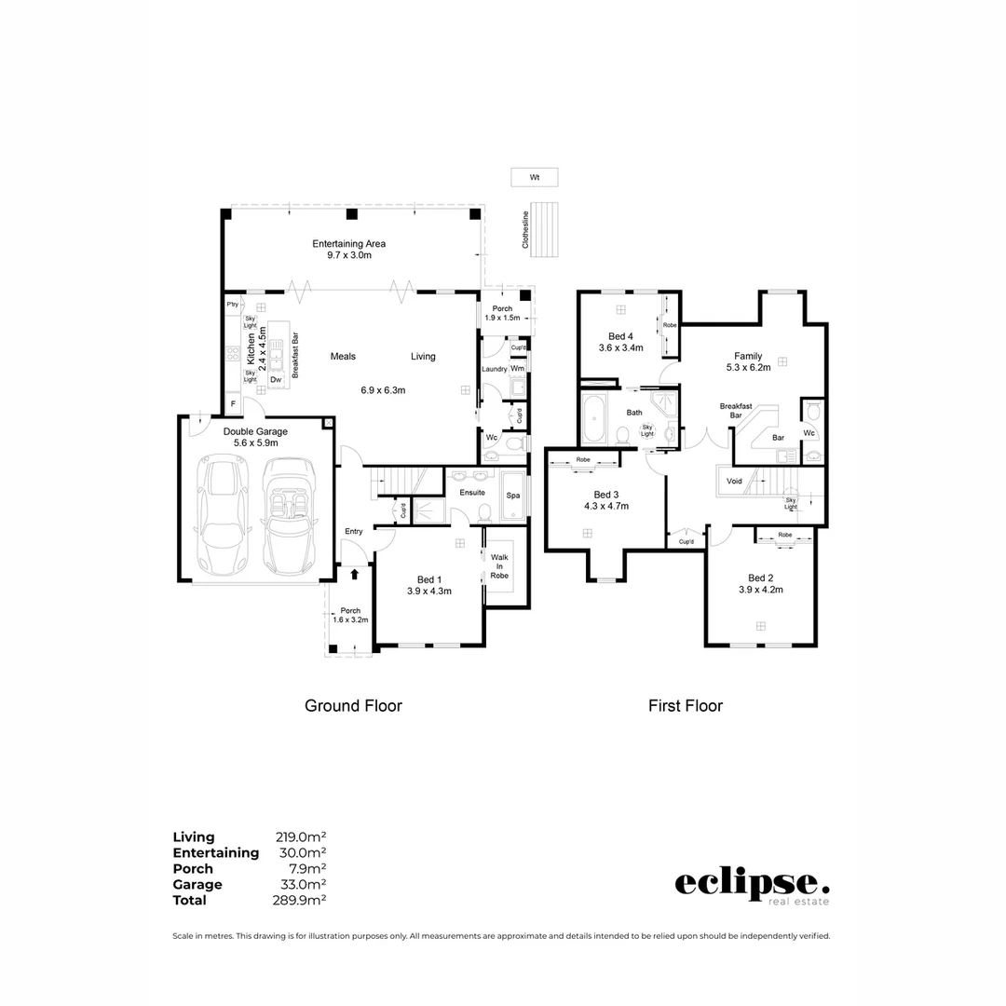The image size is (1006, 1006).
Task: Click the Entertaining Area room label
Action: pos(348,244)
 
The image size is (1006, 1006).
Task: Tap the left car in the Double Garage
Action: pos(222,517)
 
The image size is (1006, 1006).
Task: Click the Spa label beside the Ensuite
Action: pos(512,496)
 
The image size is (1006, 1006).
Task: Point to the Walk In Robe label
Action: pos(499,565)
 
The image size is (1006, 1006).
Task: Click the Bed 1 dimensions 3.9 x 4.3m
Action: pos(428,591)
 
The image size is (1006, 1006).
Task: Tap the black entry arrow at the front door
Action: pos(354,575)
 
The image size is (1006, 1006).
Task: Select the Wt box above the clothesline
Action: pos(534,176)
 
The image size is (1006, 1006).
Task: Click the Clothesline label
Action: pos(525,229)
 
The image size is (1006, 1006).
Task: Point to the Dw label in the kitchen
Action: pos(276,379)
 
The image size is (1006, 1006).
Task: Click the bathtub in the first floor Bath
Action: pos(593,418)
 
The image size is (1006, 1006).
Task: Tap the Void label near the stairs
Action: pos(734,482)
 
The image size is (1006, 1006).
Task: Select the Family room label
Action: pos(747,356)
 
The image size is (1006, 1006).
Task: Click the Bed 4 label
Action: pos(619,335)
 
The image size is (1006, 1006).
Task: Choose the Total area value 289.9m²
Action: pos(301,901)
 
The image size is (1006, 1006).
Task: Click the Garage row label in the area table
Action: pos(197,885)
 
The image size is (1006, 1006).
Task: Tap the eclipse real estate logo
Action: pos(751,885)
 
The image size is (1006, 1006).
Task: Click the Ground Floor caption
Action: pos(353,706)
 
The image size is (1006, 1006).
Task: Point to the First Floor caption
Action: pos(685,706)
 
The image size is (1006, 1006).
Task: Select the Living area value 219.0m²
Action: pos(301,837)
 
